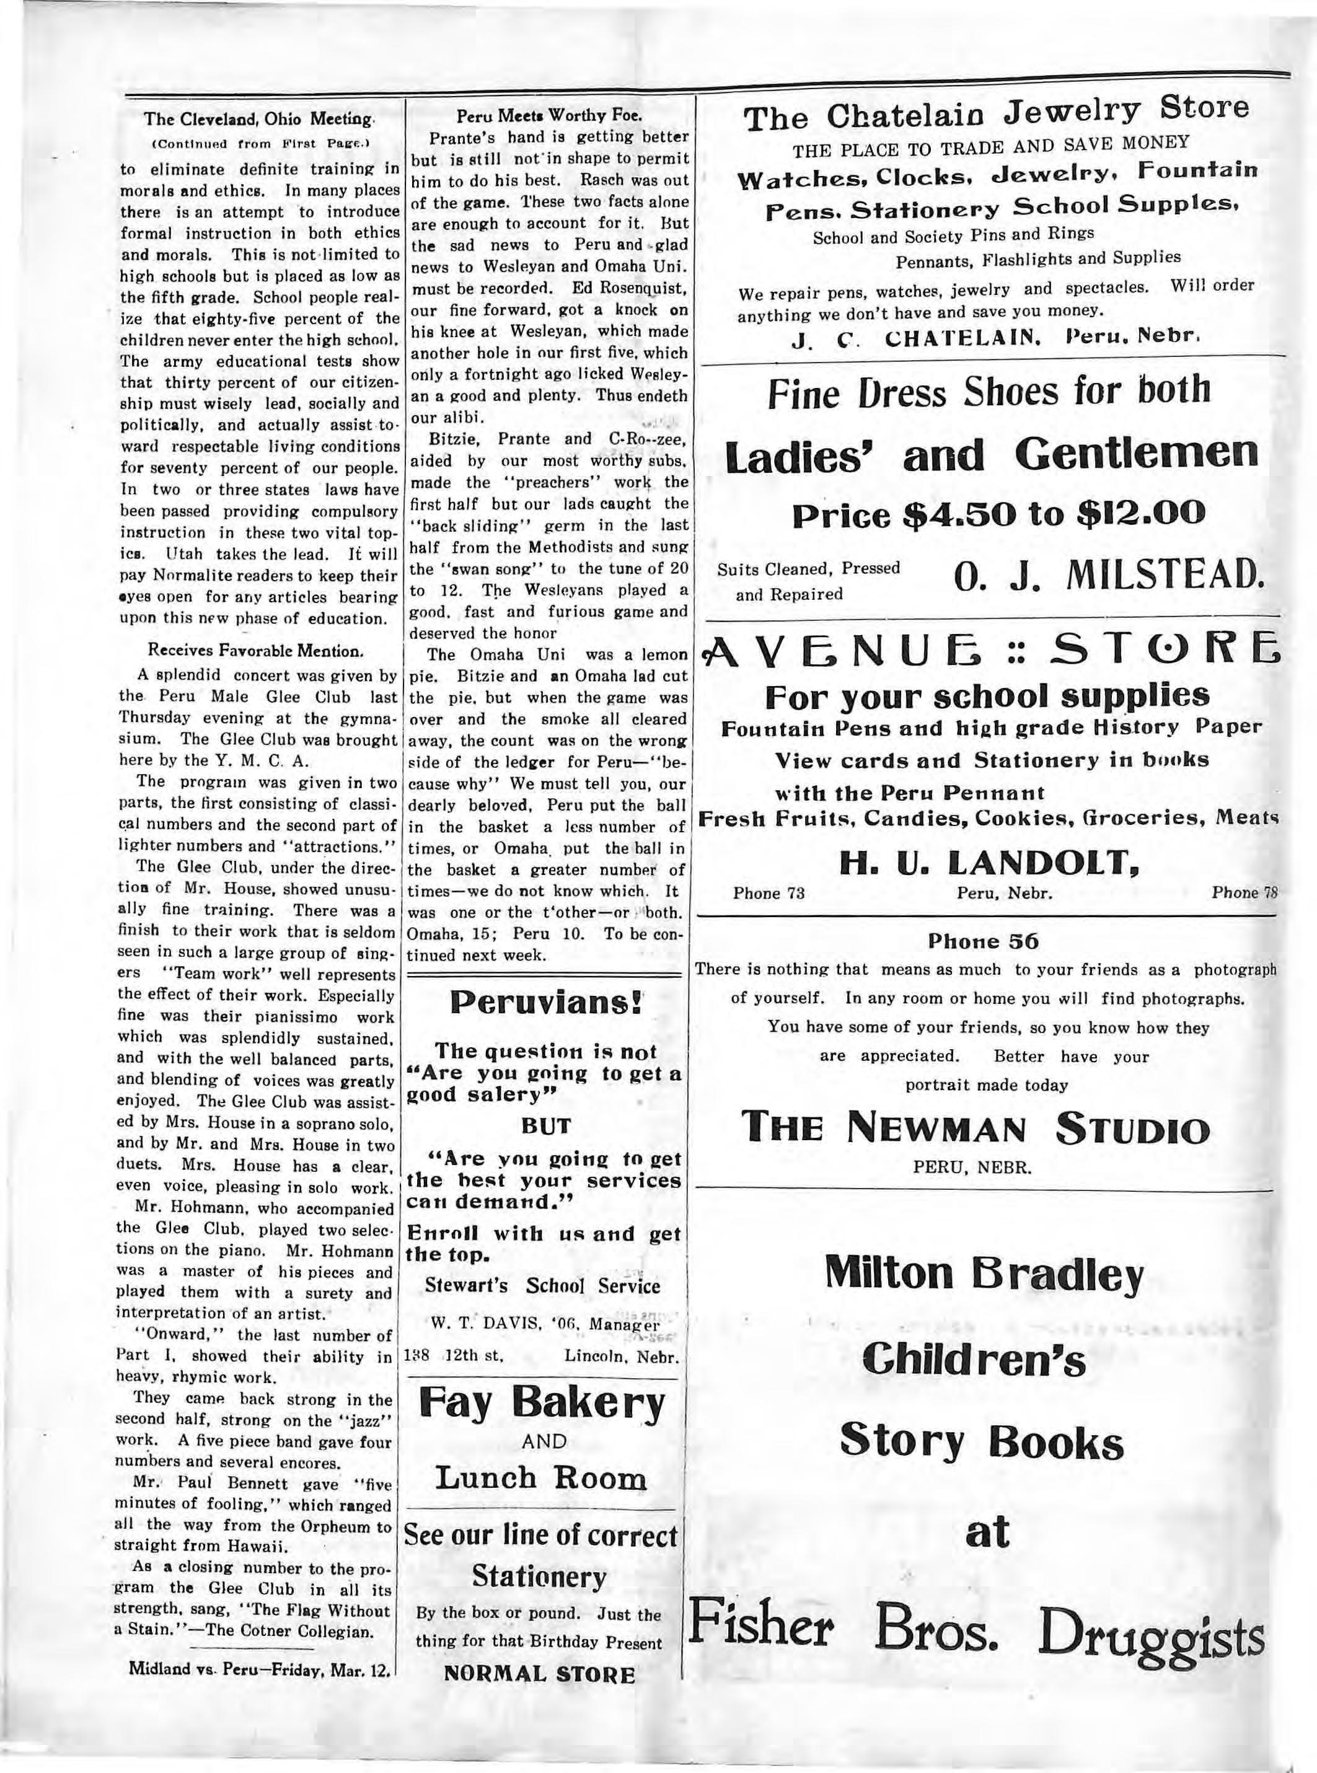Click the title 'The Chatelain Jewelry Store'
997,114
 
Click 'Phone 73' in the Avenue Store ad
769,894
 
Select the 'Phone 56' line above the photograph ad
984,941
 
